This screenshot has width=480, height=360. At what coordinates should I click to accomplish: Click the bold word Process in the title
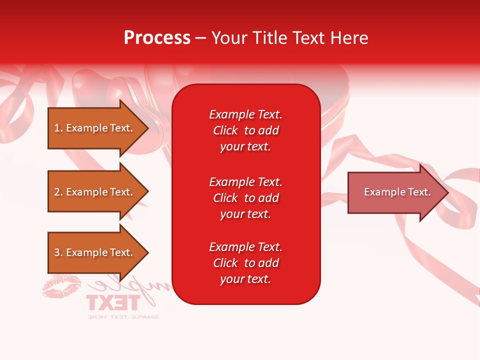(x=157, y=38)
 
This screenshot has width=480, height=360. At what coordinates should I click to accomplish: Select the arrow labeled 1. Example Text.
(x=94, y=128)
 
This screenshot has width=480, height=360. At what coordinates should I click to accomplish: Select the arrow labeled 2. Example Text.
(x=94, y=192)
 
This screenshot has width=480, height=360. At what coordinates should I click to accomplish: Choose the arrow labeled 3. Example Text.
(x=94, y=252)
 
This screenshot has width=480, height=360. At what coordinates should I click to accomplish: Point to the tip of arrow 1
(x=147, y=128)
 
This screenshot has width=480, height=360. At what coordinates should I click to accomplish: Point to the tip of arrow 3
(x=147, y=252)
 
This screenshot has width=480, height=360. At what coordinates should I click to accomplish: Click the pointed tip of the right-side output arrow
(x=447, y=192)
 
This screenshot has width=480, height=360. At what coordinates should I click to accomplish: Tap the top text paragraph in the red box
(x=245, y=130)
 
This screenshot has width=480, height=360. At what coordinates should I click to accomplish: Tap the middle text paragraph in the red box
(x=245, y=198)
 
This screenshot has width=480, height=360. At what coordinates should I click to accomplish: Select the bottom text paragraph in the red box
(x=245, y=263)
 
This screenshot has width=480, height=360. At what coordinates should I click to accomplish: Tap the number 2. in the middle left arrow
(x=58, y=192)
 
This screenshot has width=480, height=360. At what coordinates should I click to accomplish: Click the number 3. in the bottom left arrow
(x=58, y=252)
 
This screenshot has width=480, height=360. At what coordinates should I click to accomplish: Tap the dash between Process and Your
(x=201, y=38)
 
